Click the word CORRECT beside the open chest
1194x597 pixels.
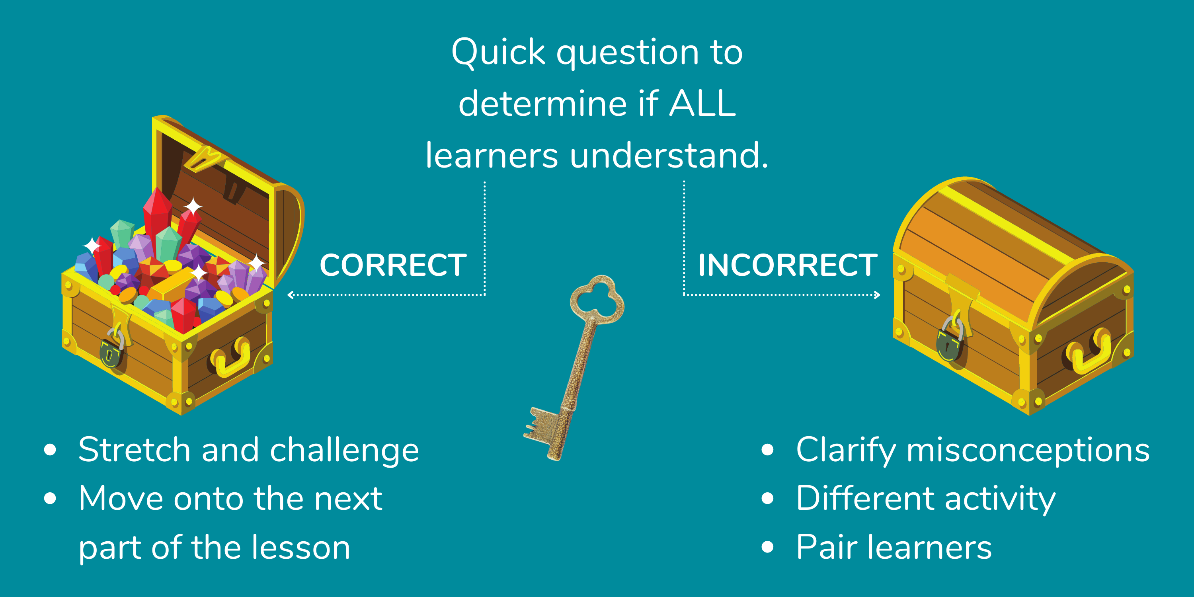393,265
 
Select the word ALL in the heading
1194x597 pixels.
703,103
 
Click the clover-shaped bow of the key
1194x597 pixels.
597,299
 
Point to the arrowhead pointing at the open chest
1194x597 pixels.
291,295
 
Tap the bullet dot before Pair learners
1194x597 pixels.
768,547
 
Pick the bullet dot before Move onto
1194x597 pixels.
50,499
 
